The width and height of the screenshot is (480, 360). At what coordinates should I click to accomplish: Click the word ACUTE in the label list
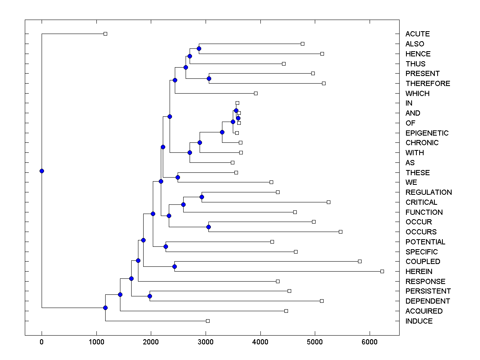pyautogui.click(x=417, y=34)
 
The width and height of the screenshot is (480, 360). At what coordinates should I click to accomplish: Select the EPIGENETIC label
pyautogui.click(x=427, y=133)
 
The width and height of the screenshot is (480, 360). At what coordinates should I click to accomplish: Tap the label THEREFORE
pyautogui.click(x=428, y=84)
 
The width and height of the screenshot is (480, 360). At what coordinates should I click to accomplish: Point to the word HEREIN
pyautogui.click(x=419, y=272)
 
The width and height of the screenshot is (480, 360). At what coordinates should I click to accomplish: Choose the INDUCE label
pyautogui.click(x=419, y=321)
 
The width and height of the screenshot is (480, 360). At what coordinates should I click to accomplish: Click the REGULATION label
pyautogui.click(x=428, y=192)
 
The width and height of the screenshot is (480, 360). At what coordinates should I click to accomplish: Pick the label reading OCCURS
pyautogui.click(x=421, y=232)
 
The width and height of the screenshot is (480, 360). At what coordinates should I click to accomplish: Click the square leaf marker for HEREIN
pyautogui.click(x=382, y=271)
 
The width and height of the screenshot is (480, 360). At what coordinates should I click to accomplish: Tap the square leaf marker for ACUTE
pyautogui.click(x=105, y=34)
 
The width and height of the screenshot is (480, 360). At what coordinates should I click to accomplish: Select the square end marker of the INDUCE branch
pyautogui.click(x=208, y=321)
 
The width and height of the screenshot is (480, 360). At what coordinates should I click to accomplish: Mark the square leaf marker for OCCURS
pyautogui.click(x=340, y=232)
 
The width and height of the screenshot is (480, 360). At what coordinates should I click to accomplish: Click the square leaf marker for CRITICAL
pyautogui.click(x=328, y=202)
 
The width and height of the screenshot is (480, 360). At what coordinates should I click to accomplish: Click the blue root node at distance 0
pyautogui.click(x=42, y=171)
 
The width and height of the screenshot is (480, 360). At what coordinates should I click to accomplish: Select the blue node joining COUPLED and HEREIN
pyautogui.click(x=174, y=266)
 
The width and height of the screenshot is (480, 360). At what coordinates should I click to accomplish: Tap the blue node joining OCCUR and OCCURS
pyautogui.click(x=208, y=227)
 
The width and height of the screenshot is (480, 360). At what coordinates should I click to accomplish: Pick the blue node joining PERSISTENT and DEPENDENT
pyautogui.click(x=150, y=296)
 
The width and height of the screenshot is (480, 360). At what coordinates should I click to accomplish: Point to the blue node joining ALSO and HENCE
pyautogui.click(x=199, y=48)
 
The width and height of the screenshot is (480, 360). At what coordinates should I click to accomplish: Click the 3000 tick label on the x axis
pyautogui.click(x=206, y=342)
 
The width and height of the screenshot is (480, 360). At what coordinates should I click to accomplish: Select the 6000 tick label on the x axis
pyautogui.click(x=370, y=342)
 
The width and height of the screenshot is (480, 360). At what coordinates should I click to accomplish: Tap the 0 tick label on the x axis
pyautogui.click(x=42, y=342)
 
